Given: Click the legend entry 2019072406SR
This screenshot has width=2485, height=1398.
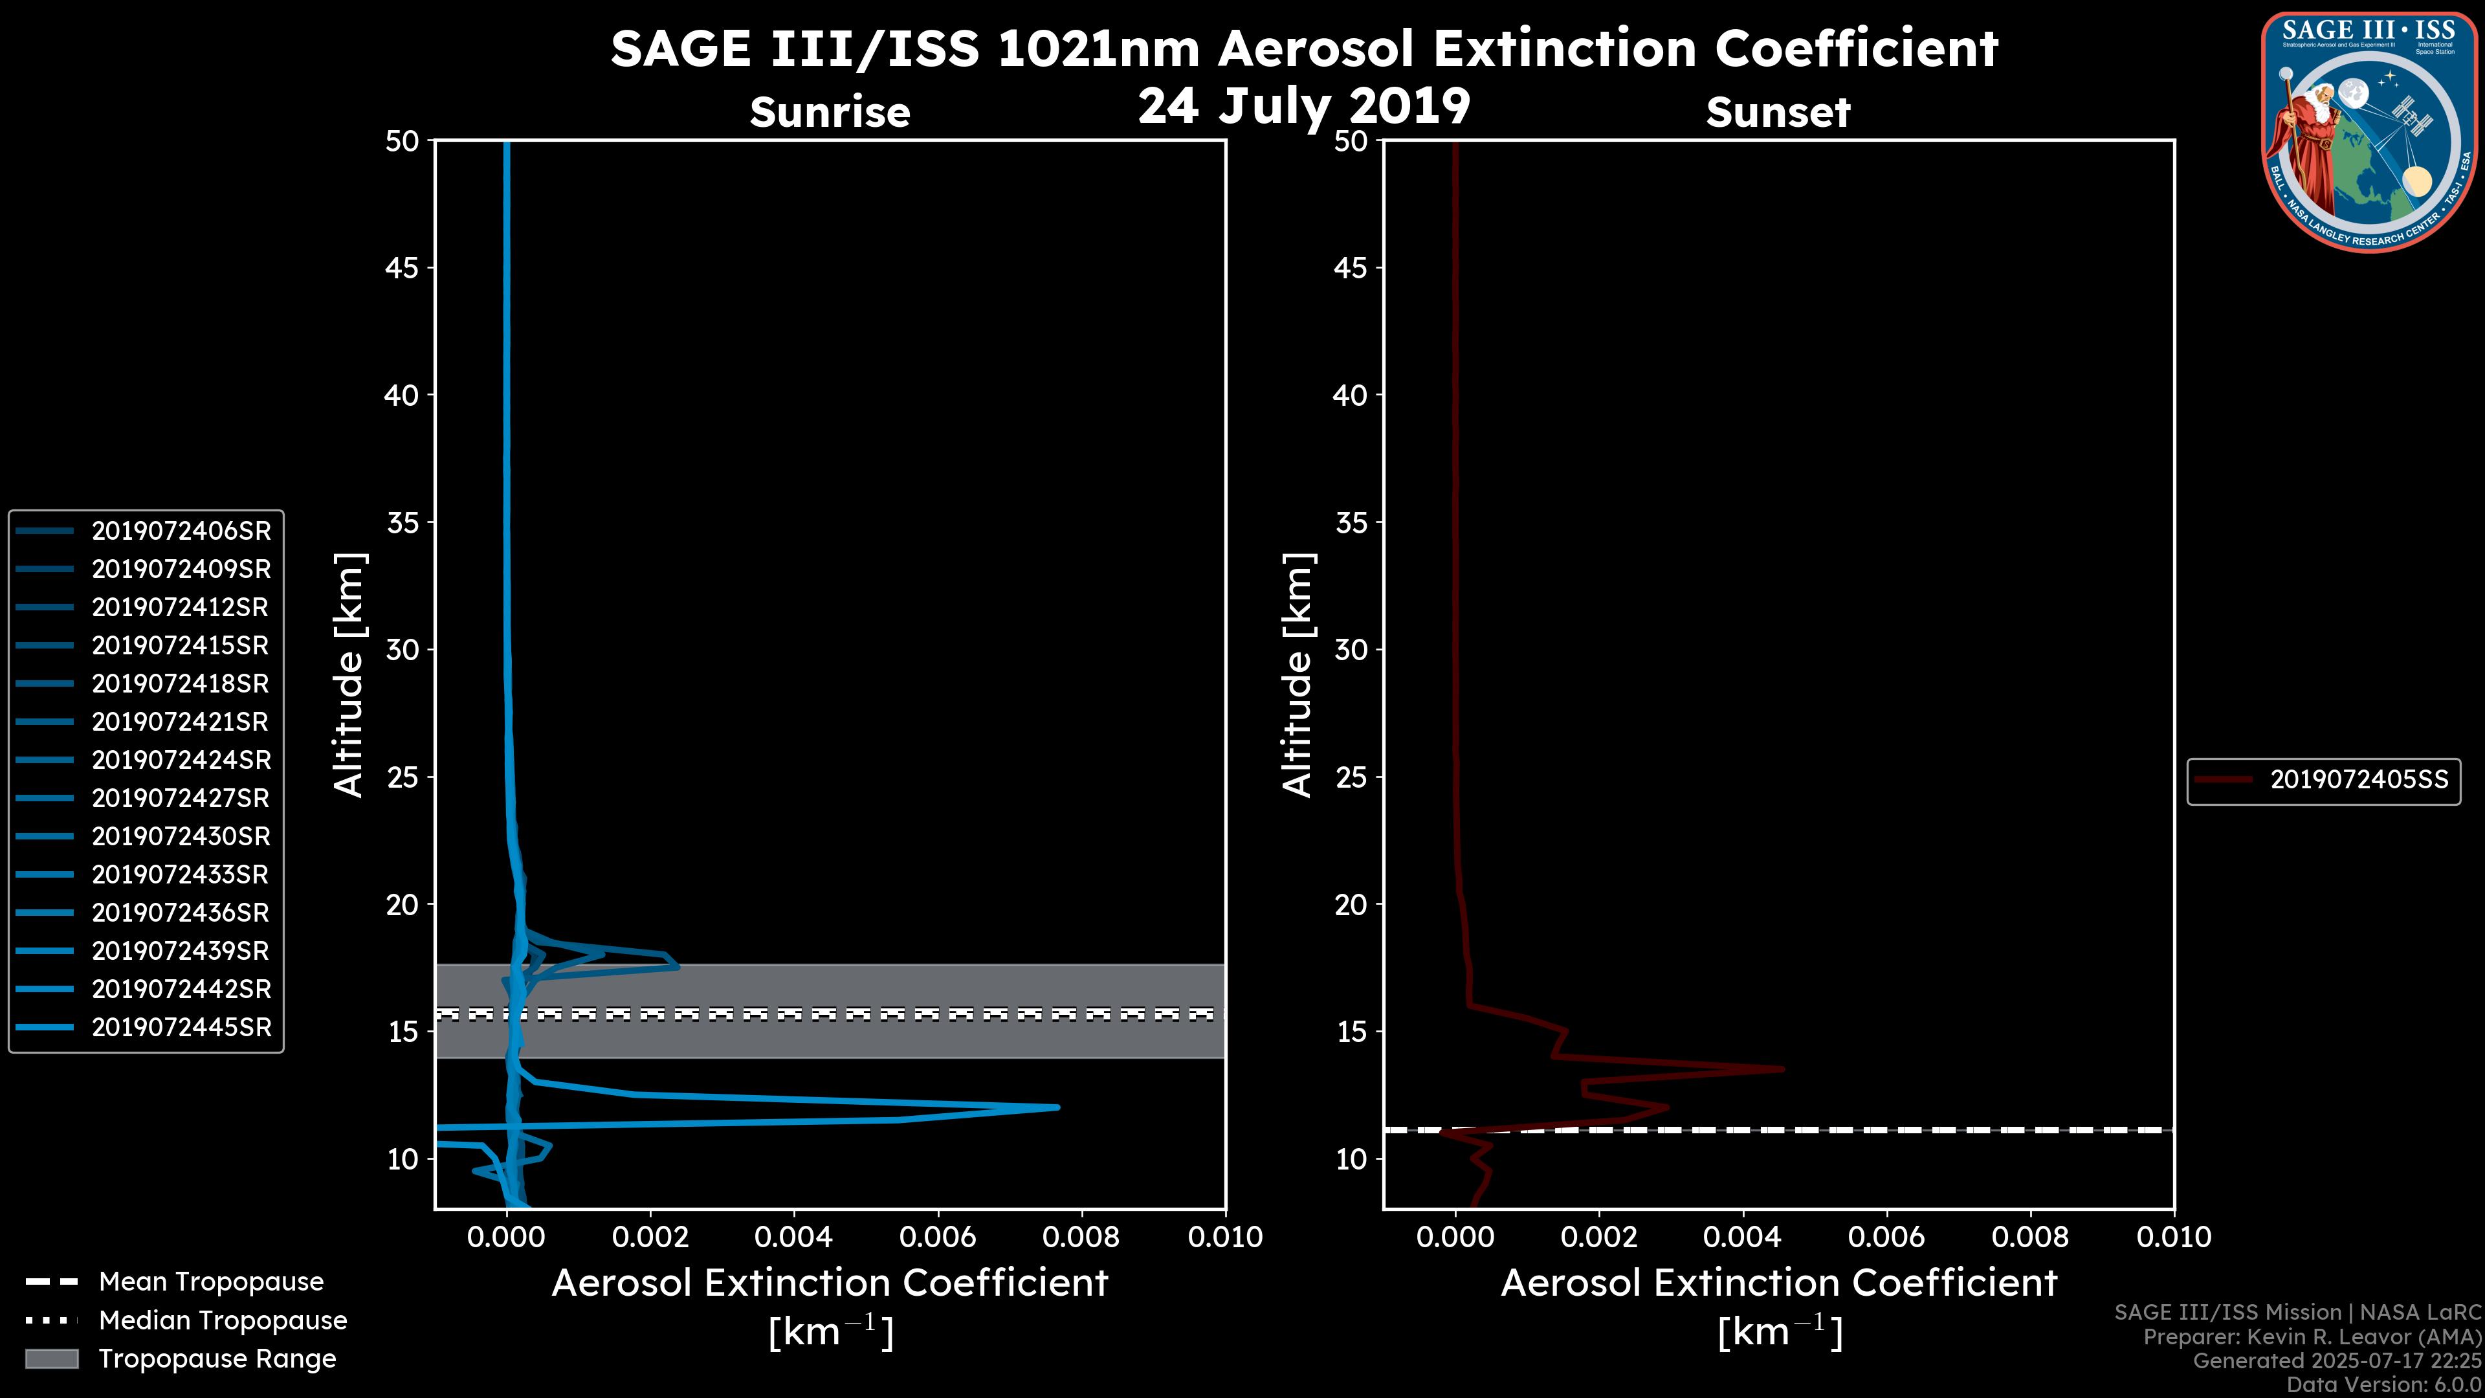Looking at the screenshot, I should click(181, 531).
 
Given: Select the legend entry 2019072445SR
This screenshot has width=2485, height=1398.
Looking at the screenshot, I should click(181, 1028).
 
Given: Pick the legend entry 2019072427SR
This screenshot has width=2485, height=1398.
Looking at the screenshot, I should click(181, 799).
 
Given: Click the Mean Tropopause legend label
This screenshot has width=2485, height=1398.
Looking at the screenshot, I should click(210, 1282).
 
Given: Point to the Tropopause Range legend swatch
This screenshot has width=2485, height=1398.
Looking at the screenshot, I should click(52, 1359).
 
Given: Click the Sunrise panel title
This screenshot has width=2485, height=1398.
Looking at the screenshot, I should click(830, 112).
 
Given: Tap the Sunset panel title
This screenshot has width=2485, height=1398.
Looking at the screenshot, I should click(1777, 112).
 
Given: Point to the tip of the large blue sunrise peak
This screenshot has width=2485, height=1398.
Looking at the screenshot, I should click(1058, 1107).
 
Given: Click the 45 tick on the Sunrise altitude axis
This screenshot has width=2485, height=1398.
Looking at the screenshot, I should click(401, 268).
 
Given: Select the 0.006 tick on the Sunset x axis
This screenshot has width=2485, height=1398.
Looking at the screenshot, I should click(1887, 1237).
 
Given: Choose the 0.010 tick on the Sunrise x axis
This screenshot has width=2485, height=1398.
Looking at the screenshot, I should click(1224, 1237).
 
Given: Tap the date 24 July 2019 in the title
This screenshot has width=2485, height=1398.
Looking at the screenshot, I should click(1303, 106).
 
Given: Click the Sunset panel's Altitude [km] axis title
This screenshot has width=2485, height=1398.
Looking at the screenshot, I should click(1298, 675).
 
